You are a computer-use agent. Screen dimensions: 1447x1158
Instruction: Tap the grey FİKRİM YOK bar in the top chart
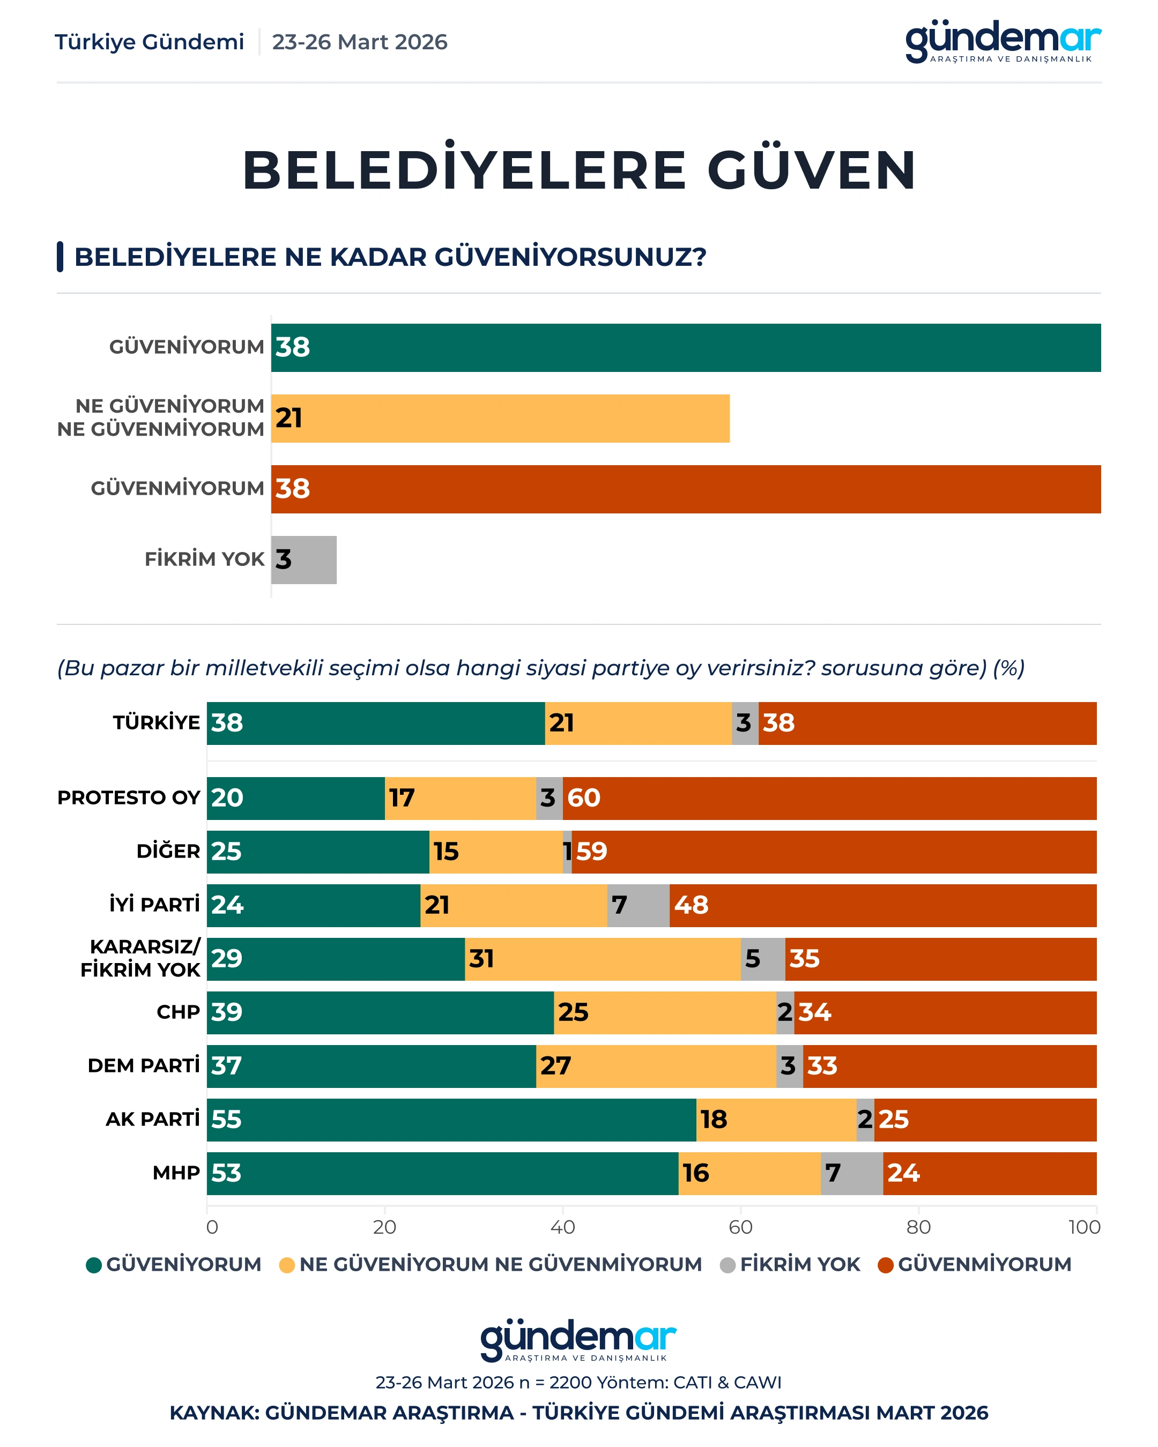pos(305,559)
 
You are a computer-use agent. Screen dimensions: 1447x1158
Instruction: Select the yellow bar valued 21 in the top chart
pos(500,418)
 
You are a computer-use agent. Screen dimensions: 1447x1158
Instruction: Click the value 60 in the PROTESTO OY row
pos(583,798)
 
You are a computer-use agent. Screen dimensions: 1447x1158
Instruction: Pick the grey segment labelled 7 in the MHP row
pos(851,1173)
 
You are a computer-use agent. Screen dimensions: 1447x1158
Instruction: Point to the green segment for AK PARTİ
pos(451,1120)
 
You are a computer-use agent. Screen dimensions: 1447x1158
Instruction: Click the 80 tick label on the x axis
pos(918,1227)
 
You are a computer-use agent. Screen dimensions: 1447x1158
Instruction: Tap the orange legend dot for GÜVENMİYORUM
pos(886,1265)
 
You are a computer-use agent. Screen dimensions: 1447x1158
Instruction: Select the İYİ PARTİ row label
pos(154,905)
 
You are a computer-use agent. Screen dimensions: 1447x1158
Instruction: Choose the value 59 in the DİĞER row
pos(591,852)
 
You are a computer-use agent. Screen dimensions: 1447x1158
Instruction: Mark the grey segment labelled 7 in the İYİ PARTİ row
pos(638,905)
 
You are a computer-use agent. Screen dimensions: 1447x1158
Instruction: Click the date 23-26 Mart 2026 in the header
pos(359,42)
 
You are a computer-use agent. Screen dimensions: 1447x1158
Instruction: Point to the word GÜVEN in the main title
pos(812,170)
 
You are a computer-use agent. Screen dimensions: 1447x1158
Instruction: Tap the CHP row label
pos(178,1012)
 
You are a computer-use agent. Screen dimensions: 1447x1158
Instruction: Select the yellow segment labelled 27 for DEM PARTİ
pos(656,1066)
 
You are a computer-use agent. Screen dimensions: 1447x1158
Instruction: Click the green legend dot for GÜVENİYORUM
pos(94,1265)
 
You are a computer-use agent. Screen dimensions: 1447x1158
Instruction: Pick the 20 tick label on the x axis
pos(384,1227)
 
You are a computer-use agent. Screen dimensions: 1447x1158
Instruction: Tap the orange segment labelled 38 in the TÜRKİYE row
pos(927,723)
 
